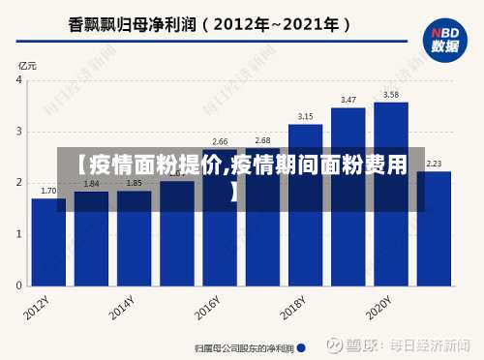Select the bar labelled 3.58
tap(391, 194)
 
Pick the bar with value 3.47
tap(348, 198)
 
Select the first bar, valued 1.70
tap(48, 242)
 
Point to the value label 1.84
tap(91, 183)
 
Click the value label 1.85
tap(134, 183)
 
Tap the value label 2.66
tap(220, 141)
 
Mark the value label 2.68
tap(262, 140)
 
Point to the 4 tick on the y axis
tap(19, 80)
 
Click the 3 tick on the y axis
tap(19, 132)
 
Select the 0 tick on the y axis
tap(19, 286)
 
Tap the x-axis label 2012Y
tap(37, 309)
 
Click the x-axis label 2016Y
tap(207, 309)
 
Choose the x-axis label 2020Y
tap(378, 309)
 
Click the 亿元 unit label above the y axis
tap(26, 65)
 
